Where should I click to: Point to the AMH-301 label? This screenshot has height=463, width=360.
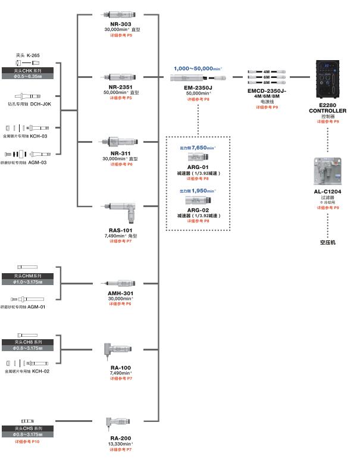[x=121, y=293]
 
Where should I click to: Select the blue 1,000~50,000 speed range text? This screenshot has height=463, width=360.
[x=195, y=68]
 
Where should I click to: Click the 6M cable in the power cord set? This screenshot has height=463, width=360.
[x=267, y=77]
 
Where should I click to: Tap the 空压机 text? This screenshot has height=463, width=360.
[x=327, y=242]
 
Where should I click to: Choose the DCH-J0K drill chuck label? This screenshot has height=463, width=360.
[x=40, y=104]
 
